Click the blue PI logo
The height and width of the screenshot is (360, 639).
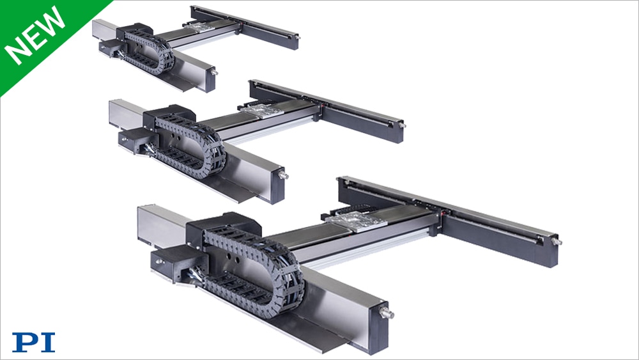[x=33, y=341]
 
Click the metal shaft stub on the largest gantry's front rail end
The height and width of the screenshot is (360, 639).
[x=387, y=313]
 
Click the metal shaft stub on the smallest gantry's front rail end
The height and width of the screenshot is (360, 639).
[x=214, y=72]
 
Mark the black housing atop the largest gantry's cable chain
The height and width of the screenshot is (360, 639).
[x=224, y=224]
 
